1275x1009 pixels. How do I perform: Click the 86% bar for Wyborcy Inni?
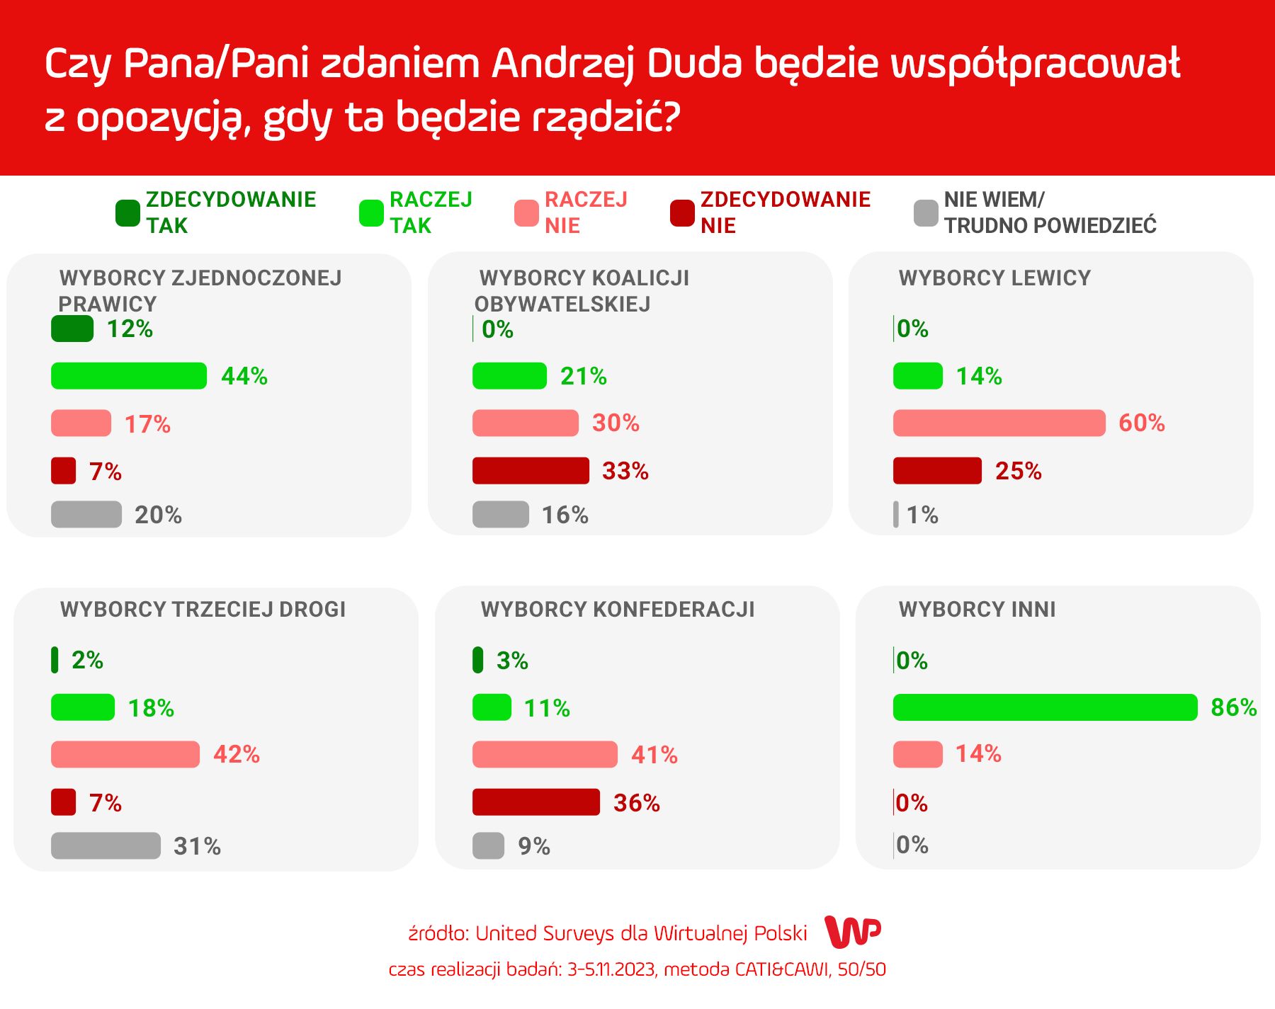pyautogui.click(x=1045, y=707)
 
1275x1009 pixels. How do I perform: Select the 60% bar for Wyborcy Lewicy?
pyautogui.click(x=999, y=423)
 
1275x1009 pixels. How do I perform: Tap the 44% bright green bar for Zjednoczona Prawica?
pyautogui.click(x=129, y=376)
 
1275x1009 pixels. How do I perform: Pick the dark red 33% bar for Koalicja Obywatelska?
pyautogui.click(x=531, y=471)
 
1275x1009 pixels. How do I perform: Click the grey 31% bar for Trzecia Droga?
pyautogui.click(x=106, y=845)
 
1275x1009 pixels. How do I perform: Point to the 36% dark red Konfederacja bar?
pyautogui.click(x=536, y=802)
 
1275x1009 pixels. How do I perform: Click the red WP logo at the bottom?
pyautogui.click(x=853, y=932)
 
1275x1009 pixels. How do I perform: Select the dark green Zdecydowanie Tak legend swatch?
pyautogui.click(x=127, y=213)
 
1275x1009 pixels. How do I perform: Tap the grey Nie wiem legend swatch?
pyautogui.click(x=926, y=213)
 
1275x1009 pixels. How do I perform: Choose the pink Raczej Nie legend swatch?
pyautogui.click(x=526, y=213)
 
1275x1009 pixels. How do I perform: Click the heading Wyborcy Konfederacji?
pyautogui.click(x=618, y=610)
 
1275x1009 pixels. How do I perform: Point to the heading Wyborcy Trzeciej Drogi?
pyautogui.click(x=203, y=610)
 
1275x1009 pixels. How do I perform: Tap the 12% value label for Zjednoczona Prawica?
pyautogui.click(x=130, y=329)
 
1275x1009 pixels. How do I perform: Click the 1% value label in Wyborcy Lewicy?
pyautogui.click(x=922, y=515)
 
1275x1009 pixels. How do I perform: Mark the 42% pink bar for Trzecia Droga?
pyautogui.click(x=125, y=755)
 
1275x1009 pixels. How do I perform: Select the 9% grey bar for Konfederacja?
pyautogui.click(x=488, y=845)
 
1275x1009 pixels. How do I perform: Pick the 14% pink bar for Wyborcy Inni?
pyautogui.click(x=917, y=755)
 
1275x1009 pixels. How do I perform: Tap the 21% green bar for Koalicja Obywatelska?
pyautogui.click(x=509, y=376)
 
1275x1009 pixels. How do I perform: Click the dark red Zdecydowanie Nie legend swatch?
pyautogui.click(x=682, y=213)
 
